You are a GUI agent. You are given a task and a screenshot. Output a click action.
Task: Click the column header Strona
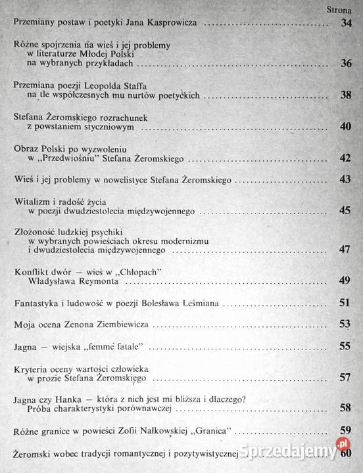339,10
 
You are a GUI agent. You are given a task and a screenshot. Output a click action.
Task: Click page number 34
347,24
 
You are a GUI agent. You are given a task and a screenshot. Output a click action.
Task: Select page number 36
347,64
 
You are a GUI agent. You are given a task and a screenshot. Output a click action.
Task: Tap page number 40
347,126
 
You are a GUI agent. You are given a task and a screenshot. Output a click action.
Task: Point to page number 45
347,211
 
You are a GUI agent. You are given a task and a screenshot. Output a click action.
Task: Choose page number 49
347,281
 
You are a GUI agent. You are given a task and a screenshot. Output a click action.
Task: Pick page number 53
347,324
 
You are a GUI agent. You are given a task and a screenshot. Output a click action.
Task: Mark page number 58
347,409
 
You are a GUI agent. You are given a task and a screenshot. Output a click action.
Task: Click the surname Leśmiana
201,303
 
